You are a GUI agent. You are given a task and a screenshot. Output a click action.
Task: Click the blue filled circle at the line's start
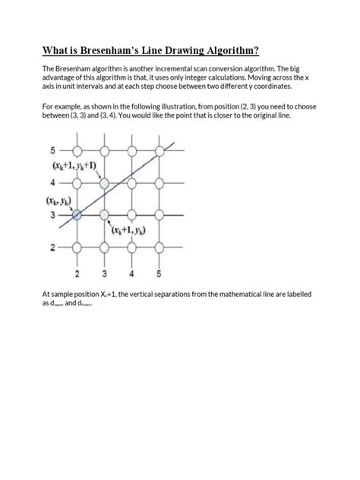(77, 216)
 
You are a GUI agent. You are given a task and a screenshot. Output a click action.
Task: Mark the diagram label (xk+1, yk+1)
(74, 166)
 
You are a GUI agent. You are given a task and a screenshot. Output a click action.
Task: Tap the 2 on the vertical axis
(52, 248)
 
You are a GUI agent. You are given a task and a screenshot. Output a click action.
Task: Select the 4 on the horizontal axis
(132, 273)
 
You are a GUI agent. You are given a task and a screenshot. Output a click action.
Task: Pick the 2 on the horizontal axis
(77, 273)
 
